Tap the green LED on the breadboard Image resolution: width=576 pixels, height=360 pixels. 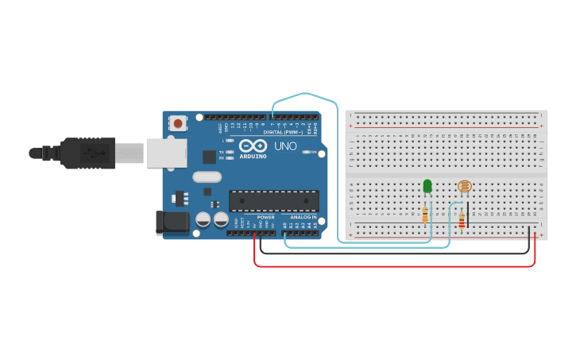point(427,186)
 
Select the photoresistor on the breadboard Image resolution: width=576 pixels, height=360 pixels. point(465,187)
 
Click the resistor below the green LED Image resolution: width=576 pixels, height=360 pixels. point(425,214)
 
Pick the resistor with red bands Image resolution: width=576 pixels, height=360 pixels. point(462,221)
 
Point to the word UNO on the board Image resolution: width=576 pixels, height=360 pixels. point(285,146)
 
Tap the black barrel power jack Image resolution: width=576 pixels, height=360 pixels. point(174,223)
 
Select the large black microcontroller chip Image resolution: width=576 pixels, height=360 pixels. point(273,201)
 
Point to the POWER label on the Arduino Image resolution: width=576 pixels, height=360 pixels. point(266,217)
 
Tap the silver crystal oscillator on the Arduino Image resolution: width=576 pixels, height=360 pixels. point(207,177)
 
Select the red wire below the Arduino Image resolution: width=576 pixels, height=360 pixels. point(397,266)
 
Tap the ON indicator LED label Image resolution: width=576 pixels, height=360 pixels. point(314,152)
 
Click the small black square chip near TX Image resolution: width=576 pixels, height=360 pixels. point(210,157)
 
